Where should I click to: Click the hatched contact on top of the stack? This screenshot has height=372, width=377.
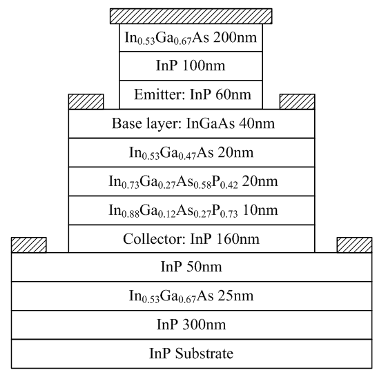tap(191, 16)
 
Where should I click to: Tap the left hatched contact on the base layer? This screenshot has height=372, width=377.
tap(86, 102)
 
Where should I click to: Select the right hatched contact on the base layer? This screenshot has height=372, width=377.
tap(297, 102)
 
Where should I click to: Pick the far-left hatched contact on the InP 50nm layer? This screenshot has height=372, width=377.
tap(28, 245)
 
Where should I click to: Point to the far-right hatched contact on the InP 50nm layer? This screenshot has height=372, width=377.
tap(354, 245)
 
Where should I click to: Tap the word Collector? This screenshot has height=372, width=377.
tap(155, 239)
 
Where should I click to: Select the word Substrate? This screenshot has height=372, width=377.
tap(204, 353)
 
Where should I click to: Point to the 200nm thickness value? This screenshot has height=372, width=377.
tap(235, 37)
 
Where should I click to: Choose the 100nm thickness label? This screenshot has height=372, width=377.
tap(204, 65)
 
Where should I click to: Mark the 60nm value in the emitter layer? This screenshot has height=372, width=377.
tap(233, 94)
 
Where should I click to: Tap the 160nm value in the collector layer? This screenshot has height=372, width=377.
tap(238, 239)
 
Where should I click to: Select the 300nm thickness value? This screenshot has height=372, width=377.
tap(204, 324)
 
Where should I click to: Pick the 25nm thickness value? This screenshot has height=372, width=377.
tap(235, 296)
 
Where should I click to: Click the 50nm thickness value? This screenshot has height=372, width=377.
tap(204, 267)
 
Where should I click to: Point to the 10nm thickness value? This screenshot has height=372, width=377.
tap(260, 210)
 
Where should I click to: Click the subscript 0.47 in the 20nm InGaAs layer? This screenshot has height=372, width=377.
tap(188, 156)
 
